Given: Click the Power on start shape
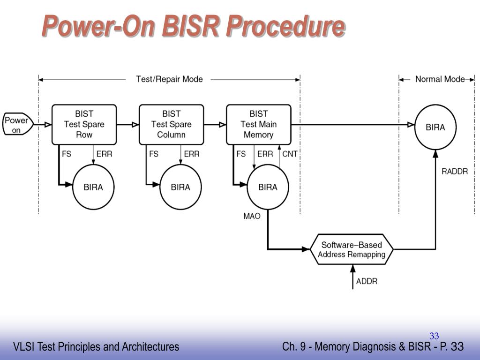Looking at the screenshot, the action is (x=18, y=124).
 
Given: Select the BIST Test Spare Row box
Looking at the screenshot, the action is (x=84, y=124).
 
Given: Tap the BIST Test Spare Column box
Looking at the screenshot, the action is (x=172, y=124).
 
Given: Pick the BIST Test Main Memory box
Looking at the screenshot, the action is (x=259, y=124).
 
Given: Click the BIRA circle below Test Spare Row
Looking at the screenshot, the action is (x=93, y=187).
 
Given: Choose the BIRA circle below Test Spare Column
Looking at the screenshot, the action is (x=180, y=187).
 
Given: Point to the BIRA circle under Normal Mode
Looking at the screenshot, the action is (x=435, y=127).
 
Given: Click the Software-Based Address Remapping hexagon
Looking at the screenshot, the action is (x=352, y=249).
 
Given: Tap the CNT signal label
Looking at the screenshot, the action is (x=290, y=154).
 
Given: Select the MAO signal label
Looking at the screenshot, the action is (x=252, y=216).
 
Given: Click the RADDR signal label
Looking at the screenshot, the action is (x=455, y=172).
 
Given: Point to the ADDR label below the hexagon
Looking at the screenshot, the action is (x=367, y=281).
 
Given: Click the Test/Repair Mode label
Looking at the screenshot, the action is (x=169, y=79).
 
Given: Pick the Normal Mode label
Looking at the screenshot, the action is (x=440, y=79).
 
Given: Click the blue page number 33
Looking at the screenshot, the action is (x=434, y=336).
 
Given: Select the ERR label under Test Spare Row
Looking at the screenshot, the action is (x=105, y=154).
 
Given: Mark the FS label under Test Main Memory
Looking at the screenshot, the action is (x=241, y=154).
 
